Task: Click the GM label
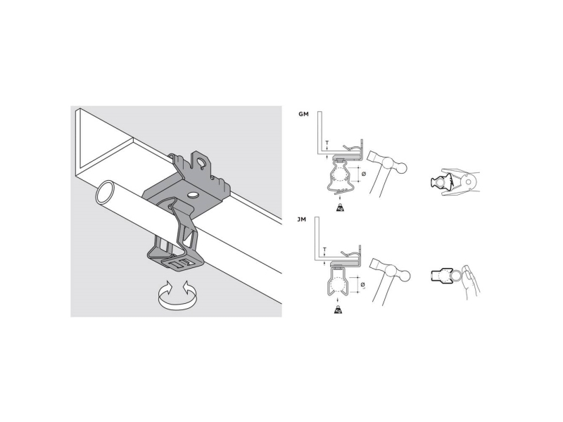[303, 115]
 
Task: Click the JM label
[302, 219]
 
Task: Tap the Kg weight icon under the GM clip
[340, 207]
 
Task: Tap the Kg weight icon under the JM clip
[338, 309]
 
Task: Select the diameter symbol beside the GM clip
[364, 174]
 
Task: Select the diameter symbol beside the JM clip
[363, 285]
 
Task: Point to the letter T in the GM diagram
[327, 143]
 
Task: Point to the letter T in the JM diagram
[324, 249]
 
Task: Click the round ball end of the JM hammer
[405, 276]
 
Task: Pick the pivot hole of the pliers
[468, 182]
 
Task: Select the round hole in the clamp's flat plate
[192, 195]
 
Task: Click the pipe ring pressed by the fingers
[457, 276]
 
